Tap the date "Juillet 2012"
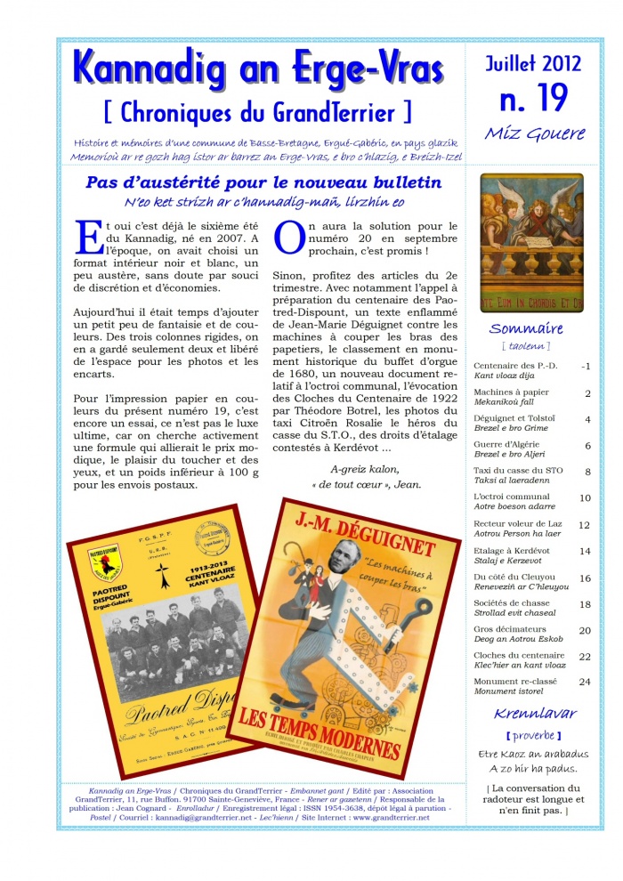click(533, 63)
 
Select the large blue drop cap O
click(288, 239)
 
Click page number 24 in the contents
click(585, 682)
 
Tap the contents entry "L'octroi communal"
click(512, 497)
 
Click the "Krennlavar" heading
click(535, 713)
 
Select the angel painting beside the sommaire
click(532, 240)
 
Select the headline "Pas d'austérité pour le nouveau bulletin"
click(263, 182)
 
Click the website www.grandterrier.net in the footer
click(385, 816)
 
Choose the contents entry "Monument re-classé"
click(514, 682)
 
